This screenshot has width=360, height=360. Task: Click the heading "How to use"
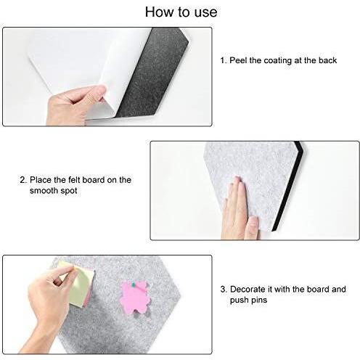[x=181, y=12]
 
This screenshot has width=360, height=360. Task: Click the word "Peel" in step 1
[x=239, y=60]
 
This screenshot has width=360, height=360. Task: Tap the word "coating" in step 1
[x=278, y=61]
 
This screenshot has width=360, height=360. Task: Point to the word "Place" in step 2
[x=41, y=180]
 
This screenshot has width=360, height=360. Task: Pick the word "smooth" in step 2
[x=44, y=190]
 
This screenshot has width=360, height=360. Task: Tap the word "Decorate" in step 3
[x=247, y=289]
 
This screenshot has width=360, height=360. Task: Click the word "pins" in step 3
[x=259, y=300]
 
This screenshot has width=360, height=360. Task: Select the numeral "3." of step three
[x=224, y=289]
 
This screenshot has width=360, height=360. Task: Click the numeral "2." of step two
[x=23, y=180]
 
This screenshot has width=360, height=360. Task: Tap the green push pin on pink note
[x=134, y=285]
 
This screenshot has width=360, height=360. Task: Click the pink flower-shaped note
[x=134, y=298]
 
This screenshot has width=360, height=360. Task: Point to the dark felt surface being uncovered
[x=153, y=73]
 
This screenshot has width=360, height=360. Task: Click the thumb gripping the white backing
[x=97, y=91]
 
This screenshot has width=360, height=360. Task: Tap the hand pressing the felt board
[x=240, y=208]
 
